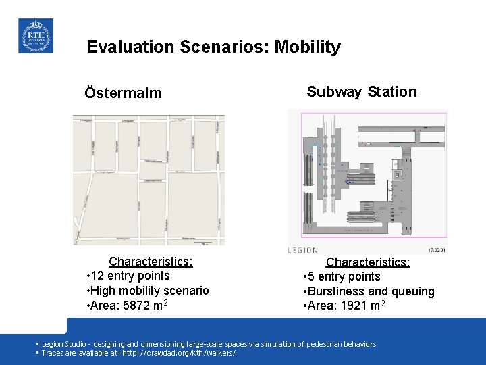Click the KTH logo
(x=34, y=36)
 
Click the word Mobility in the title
(x=307, y=47)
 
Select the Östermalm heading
(x=123, y=93)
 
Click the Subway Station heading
(x=362, y=92)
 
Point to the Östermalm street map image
(x=148, y=179)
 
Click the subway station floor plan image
(x=367, y=179)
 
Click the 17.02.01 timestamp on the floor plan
(x=433, y=250)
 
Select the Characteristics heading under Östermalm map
(x=151, y=262)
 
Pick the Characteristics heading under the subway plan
(x=368, y=262)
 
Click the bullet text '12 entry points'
(x=132, y=276)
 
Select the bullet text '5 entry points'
(x=344, y=276)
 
